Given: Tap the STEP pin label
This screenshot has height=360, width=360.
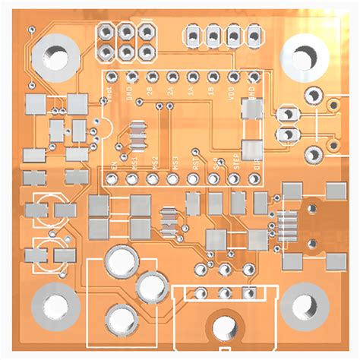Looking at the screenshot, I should (x=236, y=163).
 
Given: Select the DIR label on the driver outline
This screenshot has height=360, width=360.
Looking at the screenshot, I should (x=256, y=163).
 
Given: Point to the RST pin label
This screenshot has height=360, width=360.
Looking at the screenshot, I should (x=195, y=163).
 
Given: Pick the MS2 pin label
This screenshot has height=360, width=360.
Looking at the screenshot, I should (x=154, y=163).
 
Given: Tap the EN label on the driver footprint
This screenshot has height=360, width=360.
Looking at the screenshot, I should (x=114, y=165).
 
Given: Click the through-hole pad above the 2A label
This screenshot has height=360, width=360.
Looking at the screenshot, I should (x=172, y=77).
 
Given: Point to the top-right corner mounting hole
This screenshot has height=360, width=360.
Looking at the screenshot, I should (x=305, y=55).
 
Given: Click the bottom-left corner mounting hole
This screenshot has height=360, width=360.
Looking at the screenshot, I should (x=55, y=307).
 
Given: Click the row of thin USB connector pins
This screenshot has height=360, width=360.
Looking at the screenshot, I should (x=286, y=225).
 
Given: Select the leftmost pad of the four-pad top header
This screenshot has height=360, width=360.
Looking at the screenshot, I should (x=194, y=36).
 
